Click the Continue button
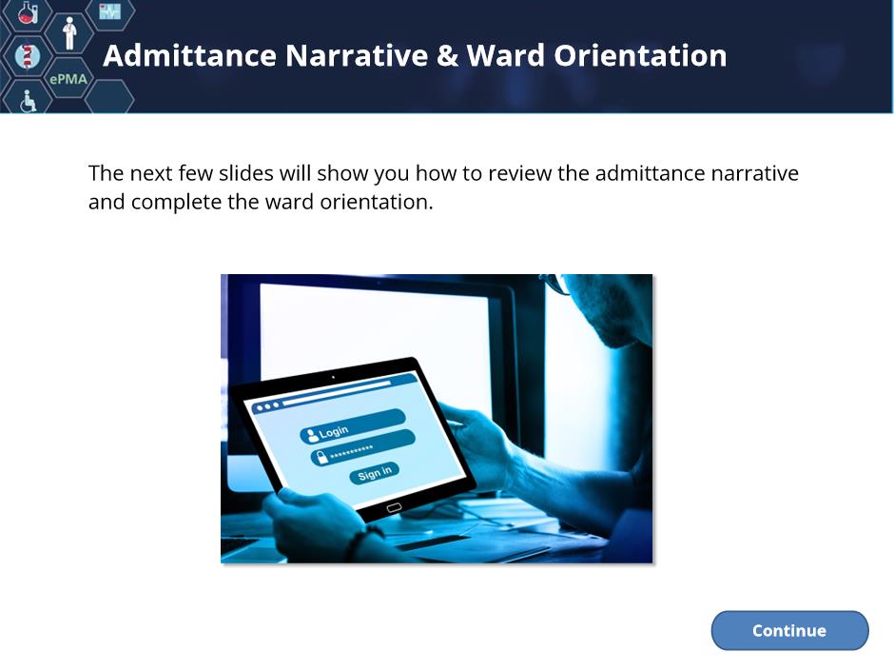[789, 630]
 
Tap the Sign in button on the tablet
[374, 473]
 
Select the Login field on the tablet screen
[352, 426]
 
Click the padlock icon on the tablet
[321, 457]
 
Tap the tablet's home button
[394, 508]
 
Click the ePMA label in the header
[68, 79]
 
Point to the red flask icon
[28, 12]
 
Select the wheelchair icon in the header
[28, 101]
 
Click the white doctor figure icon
[69, 33]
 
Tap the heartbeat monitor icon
[110, 10]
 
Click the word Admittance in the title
[190, 55]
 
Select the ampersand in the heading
[448, 56]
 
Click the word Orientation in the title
[640, 55]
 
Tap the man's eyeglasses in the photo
[554, 283]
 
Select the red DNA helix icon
[27, 56]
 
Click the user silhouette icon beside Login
[312, 436]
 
